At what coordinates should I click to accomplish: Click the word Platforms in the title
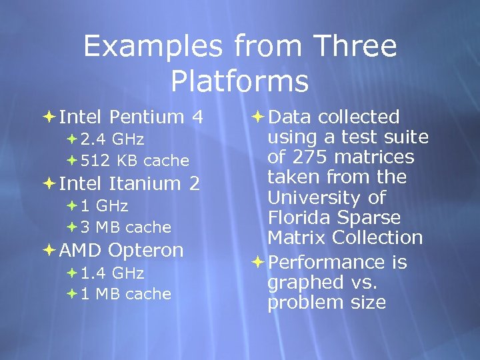(x=239, y=81)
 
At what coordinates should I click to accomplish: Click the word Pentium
(x=147, y=117)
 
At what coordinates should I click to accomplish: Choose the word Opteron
(x=145, y=251)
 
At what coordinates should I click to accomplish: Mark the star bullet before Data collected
(x=259, y=117)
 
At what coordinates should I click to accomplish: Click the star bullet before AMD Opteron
(x=50, y=251)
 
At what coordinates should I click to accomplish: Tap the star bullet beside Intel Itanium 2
(x=50, y=183)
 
